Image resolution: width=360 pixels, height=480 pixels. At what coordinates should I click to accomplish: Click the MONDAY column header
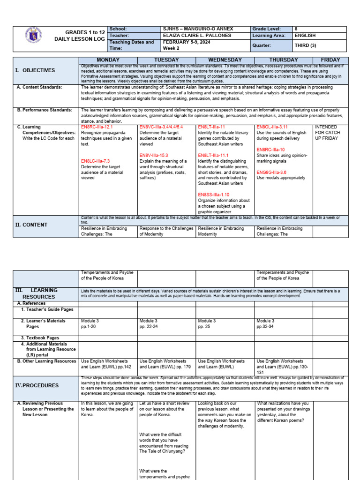point(108,60)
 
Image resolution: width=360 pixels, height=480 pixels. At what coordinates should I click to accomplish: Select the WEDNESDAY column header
point(225,60)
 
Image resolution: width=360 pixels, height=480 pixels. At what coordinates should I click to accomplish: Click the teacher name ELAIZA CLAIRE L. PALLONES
point(197,36)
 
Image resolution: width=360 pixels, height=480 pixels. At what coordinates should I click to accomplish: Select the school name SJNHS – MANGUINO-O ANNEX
point(198,29)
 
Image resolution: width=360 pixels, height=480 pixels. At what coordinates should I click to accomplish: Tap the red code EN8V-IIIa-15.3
point(153,155)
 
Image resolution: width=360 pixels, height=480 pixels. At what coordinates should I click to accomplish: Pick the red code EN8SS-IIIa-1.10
point(213,195)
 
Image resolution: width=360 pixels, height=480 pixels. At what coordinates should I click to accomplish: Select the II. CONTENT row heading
point(31,225)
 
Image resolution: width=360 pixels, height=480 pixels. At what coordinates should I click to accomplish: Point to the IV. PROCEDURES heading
point(37,385)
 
